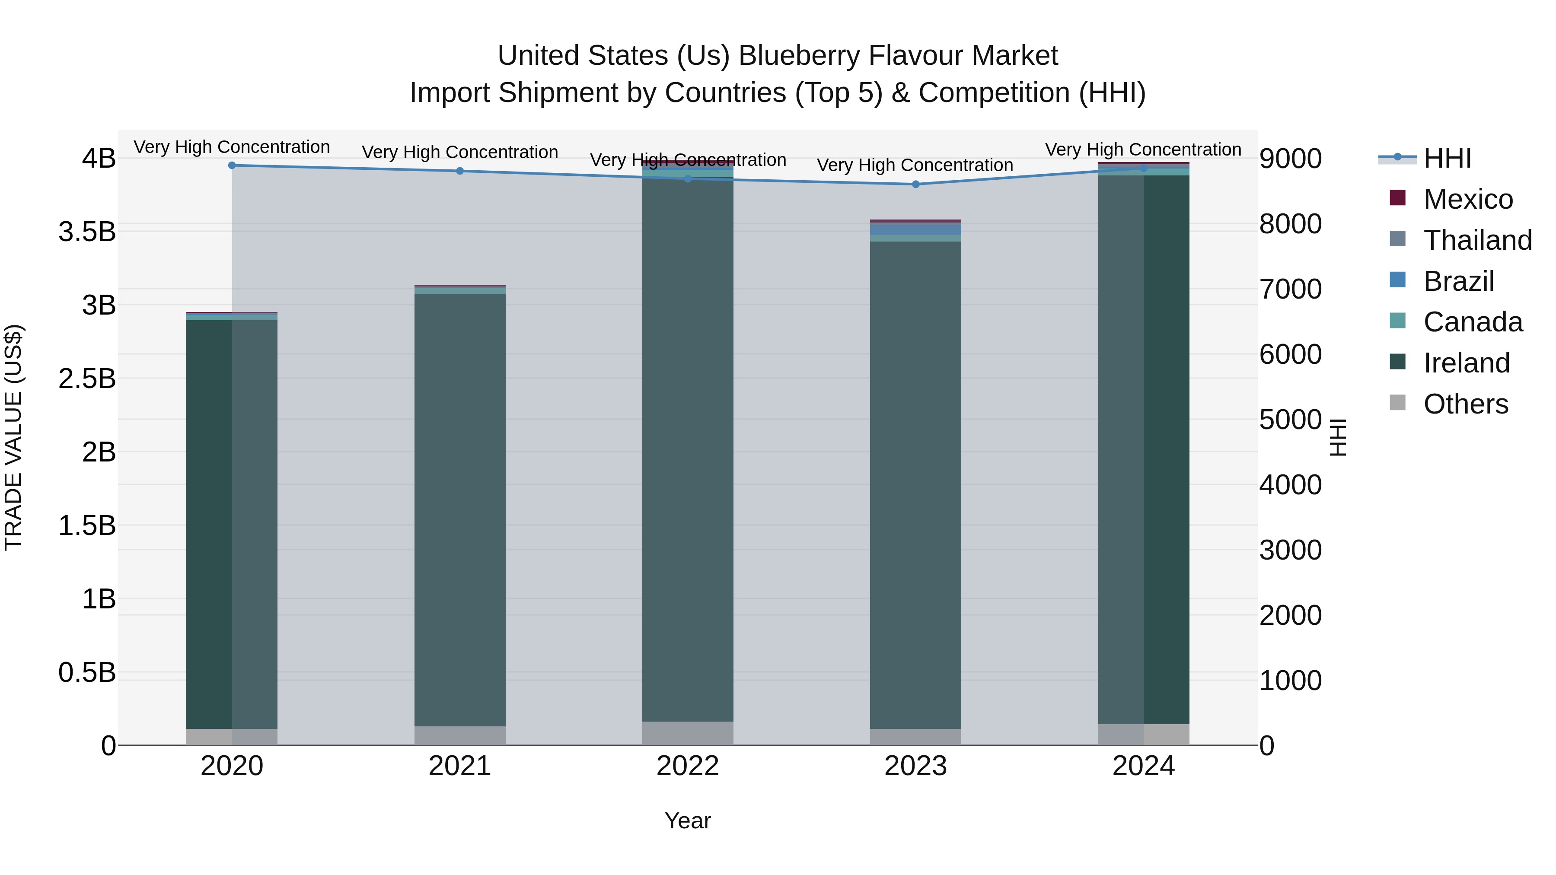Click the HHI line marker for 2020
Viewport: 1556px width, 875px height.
point(232,165)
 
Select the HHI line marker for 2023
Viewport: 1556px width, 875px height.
point(916,184)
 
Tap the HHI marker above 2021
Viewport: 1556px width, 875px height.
point(460,171)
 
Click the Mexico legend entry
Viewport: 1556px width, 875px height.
point(1468,199)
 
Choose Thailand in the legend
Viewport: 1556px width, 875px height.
point(1477,240)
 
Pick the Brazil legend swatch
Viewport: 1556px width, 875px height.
point(1398,280)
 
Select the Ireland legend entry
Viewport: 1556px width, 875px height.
point(1466,363)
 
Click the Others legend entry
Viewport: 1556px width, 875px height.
point(1465,404)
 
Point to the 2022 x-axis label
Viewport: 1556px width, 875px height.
point(687,766)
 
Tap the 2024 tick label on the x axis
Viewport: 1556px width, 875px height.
point(1143,766)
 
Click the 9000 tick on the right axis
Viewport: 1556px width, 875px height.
point(1290,159)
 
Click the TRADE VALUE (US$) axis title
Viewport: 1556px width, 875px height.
point(13,437)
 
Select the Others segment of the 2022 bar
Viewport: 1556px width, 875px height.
point(687,733)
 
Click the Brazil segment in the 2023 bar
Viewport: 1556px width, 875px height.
point(916,229)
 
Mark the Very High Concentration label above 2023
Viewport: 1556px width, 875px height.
point(915,165)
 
